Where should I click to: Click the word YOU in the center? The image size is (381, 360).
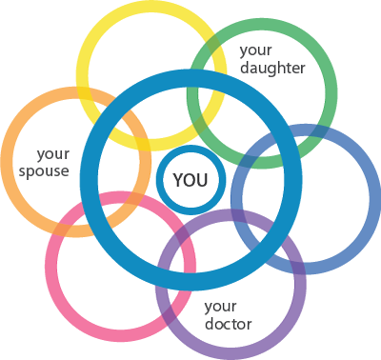(x=190, y=179)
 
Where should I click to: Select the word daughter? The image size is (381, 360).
(x=272, y=69)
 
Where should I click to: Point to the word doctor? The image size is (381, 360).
(x=229, y=324)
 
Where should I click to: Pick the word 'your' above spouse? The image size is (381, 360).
(x=52, y=152)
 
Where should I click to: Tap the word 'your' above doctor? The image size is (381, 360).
(x=220, y=306)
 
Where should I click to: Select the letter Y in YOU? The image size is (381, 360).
(x=177, y=179)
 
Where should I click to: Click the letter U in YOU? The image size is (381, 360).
(x=203, y=179)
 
